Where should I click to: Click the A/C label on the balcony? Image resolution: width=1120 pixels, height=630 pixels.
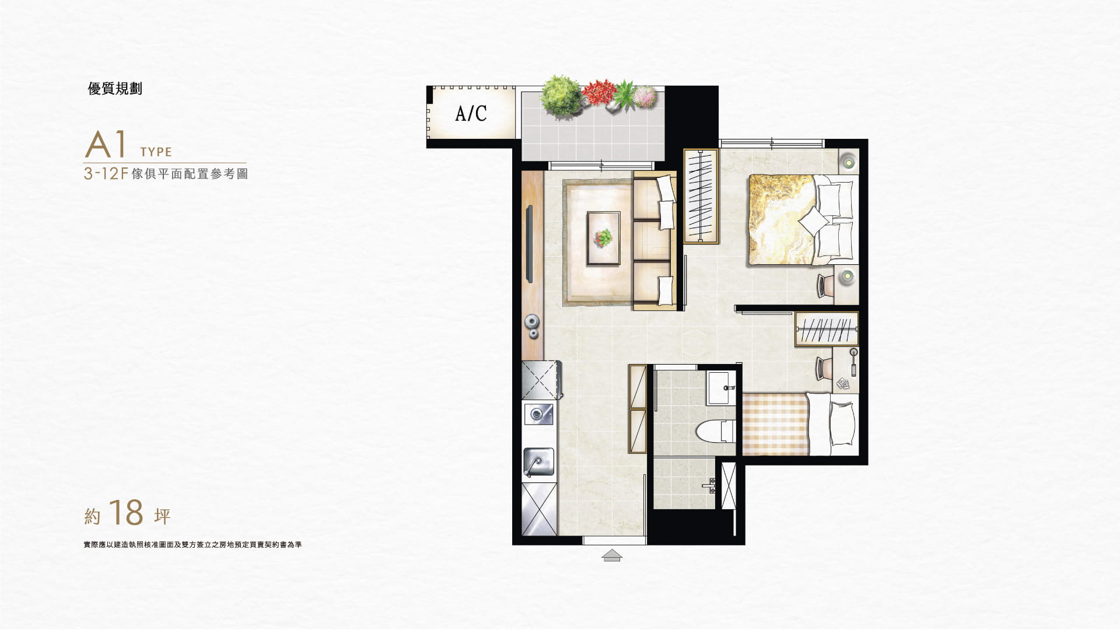coord(471,113)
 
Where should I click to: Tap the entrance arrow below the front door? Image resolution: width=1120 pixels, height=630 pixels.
coord(611,555)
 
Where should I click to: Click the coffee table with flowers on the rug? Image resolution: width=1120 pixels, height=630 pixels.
coord(604,237)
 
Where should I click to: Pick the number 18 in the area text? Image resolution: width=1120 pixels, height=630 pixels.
coord(125,513)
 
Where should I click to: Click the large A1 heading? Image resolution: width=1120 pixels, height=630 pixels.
coord(106,146)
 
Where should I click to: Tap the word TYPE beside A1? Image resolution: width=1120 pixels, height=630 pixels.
coord(156,152)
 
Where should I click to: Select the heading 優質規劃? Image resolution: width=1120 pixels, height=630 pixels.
coord(115,89)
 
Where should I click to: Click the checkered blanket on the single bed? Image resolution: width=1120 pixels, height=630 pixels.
coord(774,423)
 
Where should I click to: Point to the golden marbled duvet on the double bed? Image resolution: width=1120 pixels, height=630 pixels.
coord(779,219)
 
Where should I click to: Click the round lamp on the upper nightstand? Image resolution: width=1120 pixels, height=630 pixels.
coord(848,160)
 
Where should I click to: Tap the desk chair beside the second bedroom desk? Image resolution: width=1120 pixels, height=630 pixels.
coord(824,366)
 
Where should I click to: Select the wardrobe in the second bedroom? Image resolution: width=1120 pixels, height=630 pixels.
coord(827,330)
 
